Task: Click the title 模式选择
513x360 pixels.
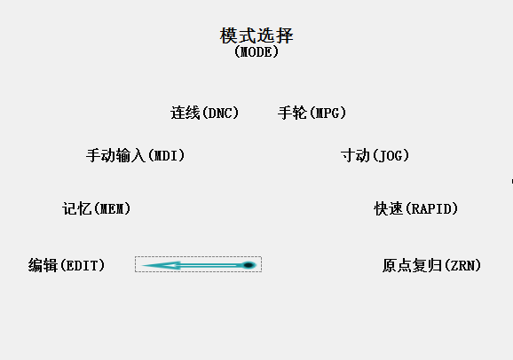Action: click(256, 35)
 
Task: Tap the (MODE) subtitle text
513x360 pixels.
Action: click(256, 51)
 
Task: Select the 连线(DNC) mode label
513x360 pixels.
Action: click(205, 113)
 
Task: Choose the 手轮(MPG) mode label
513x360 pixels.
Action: click(312, 113)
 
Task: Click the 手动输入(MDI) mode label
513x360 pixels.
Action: click(136, 155)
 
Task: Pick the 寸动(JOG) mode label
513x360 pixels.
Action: click(375, 155)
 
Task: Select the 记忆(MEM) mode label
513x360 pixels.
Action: click(97, 208)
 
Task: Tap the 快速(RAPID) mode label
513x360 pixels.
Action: click(416, 208)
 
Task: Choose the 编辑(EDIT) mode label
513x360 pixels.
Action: click(67, 265)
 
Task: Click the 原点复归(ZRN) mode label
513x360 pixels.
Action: click(432, 265)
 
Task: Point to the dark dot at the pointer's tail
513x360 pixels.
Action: click(249, 265)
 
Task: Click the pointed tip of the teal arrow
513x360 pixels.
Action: click(142, 265)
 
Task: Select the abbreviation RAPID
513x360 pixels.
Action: click(432, 209)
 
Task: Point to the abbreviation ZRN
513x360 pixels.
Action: click(463, 265)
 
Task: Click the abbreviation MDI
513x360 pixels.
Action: click(167, 156)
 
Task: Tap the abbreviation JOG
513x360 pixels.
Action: click(391, 156)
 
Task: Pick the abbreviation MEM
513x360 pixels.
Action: click(113, 209)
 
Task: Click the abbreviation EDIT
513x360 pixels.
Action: click(83, 265)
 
